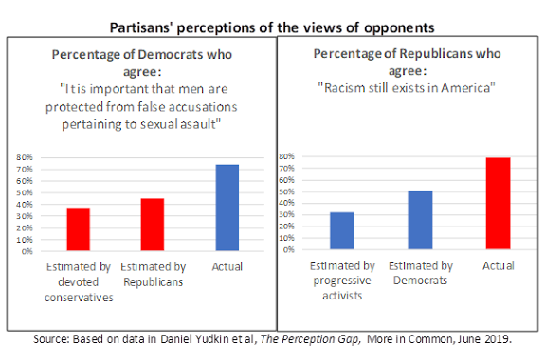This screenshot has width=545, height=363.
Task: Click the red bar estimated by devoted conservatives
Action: click(78, 229)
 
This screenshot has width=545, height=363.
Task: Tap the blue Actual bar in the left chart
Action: click(227, 208)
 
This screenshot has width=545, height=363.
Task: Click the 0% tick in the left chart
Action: click(27, 251)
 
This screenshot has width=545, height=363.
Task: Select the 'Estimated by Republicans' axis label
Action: click(154, 276)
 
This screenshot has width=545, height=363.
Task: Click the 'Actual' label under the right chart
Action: click(498, 266)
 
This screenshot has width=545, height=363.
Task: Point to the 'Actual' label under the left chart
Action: click(227, 268)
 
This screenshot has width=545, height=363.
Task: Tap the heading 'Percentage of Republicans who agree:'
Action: click(407, 63)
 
